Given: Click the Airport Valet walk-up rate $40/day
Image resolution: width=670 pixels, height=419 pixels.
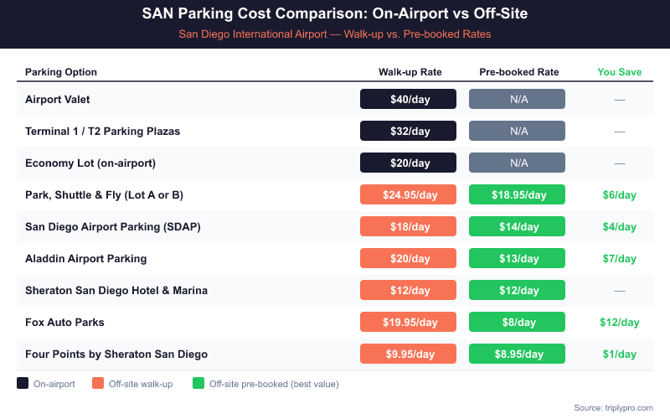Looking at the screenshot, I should click(408, 99).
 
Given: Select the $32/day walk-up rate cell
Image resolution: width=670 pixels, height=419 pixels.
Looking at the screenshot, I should click(408, 131).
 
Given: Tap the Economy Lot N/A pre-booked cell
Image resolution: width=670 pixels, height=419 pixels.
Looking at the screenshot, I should click(517, 163).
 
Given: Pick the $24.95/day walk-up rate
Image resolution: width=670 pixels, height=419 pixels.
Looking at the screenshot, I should click(408, 194).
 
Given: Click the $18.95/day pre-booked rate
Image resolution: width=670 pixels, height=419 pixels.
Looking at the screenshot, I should click(517, 194).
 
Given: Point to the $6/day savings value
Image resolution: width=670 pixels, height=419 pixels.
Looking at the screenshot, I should click(619, 194).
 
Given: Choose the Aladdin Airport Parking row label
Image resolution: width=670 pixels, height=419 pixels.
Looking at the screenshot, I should click(85, 258).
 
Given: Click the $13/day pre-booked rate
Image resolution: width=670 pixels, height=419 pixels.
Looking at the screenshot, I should click(517, 258).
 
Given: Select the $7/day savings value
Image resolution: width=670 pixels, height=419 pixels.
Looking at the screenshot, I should click(619, 258).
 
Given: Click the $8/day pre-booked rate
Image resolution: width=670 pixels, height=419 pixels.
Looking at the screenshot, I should click(517, 322).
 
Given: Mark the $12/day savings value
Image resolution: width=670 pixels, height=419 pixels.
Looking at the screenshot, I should click(619, 322).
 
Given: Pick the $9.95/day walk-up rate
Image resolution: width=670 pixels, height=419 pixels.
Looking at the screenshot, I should click(408, 354).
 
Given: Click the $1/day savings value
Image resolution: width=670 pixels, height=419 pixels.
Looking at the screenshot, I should click(619, 354).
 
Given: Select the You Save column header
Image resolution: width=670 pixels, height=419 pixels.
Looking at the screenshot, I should click(619, 71).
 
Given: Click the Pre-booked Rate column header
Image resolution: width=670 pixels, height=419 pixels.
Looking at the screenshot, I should click(518, 71).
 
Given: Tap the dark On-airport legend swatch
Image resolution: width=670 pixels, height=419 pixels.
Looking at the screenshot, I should click(23, 384).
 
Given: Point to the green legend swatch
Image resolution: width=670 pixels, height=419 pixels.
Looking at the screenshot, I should click(198, 384).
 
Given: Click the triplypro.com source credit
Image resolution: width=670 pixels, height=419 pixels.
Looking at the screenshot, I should click(613, 407).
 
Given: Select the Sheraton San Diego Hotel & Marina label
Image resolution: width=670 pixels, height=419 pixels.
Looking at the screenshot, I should click(116, 290).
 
